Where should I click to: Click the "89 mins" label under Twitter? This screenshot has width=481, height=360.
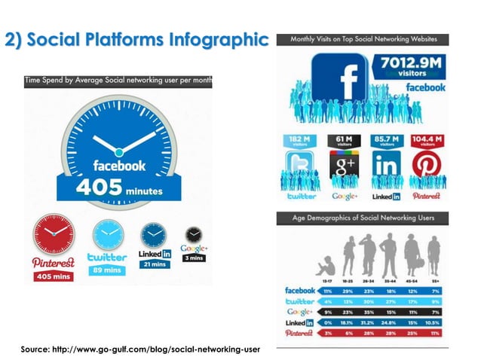(107, 270)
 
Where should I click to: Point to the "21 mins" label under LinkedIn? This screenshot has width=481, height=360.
(155, 264)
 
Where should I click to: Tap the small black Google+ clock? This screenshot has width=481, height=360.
(195, 235)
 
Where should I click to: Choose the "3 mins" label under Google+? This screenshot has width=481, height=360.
(194, 258)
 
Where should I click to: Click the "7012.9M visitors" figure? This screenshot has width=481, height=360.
(412, 67)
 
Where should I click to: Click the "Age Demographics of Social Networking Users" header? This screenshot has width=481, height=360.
(363, 218)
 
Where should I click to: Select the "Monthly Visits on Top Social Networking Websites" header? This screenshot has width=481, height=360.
(363, 39)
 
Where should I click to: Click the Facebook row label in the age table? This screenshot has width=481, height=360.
(299, 290)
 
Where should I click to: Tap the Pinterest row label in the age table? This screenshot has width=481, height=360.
(299, 332)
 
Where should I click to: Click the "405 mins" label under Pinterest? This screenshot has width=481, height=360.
(52, 276)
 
